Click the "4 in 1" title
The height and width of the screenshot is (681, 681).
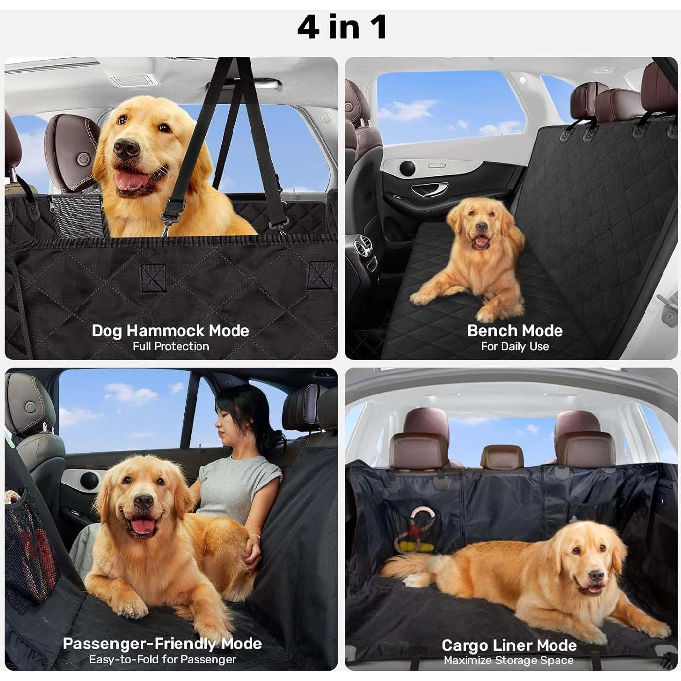342,27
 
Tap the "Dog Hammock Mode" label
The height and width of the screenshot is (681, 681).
170,331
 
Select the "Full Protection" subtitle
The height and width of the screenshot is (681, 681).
171,347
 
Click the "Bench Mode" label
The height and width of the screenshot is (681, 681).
515,331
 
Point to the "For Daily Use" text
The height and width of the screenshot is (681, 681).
515,347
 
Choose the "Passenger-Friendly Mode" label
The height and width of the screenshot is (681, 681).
162,644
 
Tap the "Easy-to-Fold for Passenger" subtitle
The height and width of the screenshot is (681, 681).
162,660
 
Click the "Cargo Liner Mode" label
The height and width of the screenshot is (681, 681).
509,645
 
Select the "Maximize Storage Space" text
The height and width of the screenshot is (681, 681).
508,661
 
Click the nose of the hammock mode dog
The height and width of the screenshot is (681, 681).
126,148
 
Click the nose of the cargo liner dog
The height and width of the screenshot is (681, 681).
596,577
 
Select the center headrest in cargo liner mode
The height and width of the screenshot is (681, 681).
502,457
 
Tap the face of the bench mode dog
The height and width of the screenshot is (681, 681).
481,229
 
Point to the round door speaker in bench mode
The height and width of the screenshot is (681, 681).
407,168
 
